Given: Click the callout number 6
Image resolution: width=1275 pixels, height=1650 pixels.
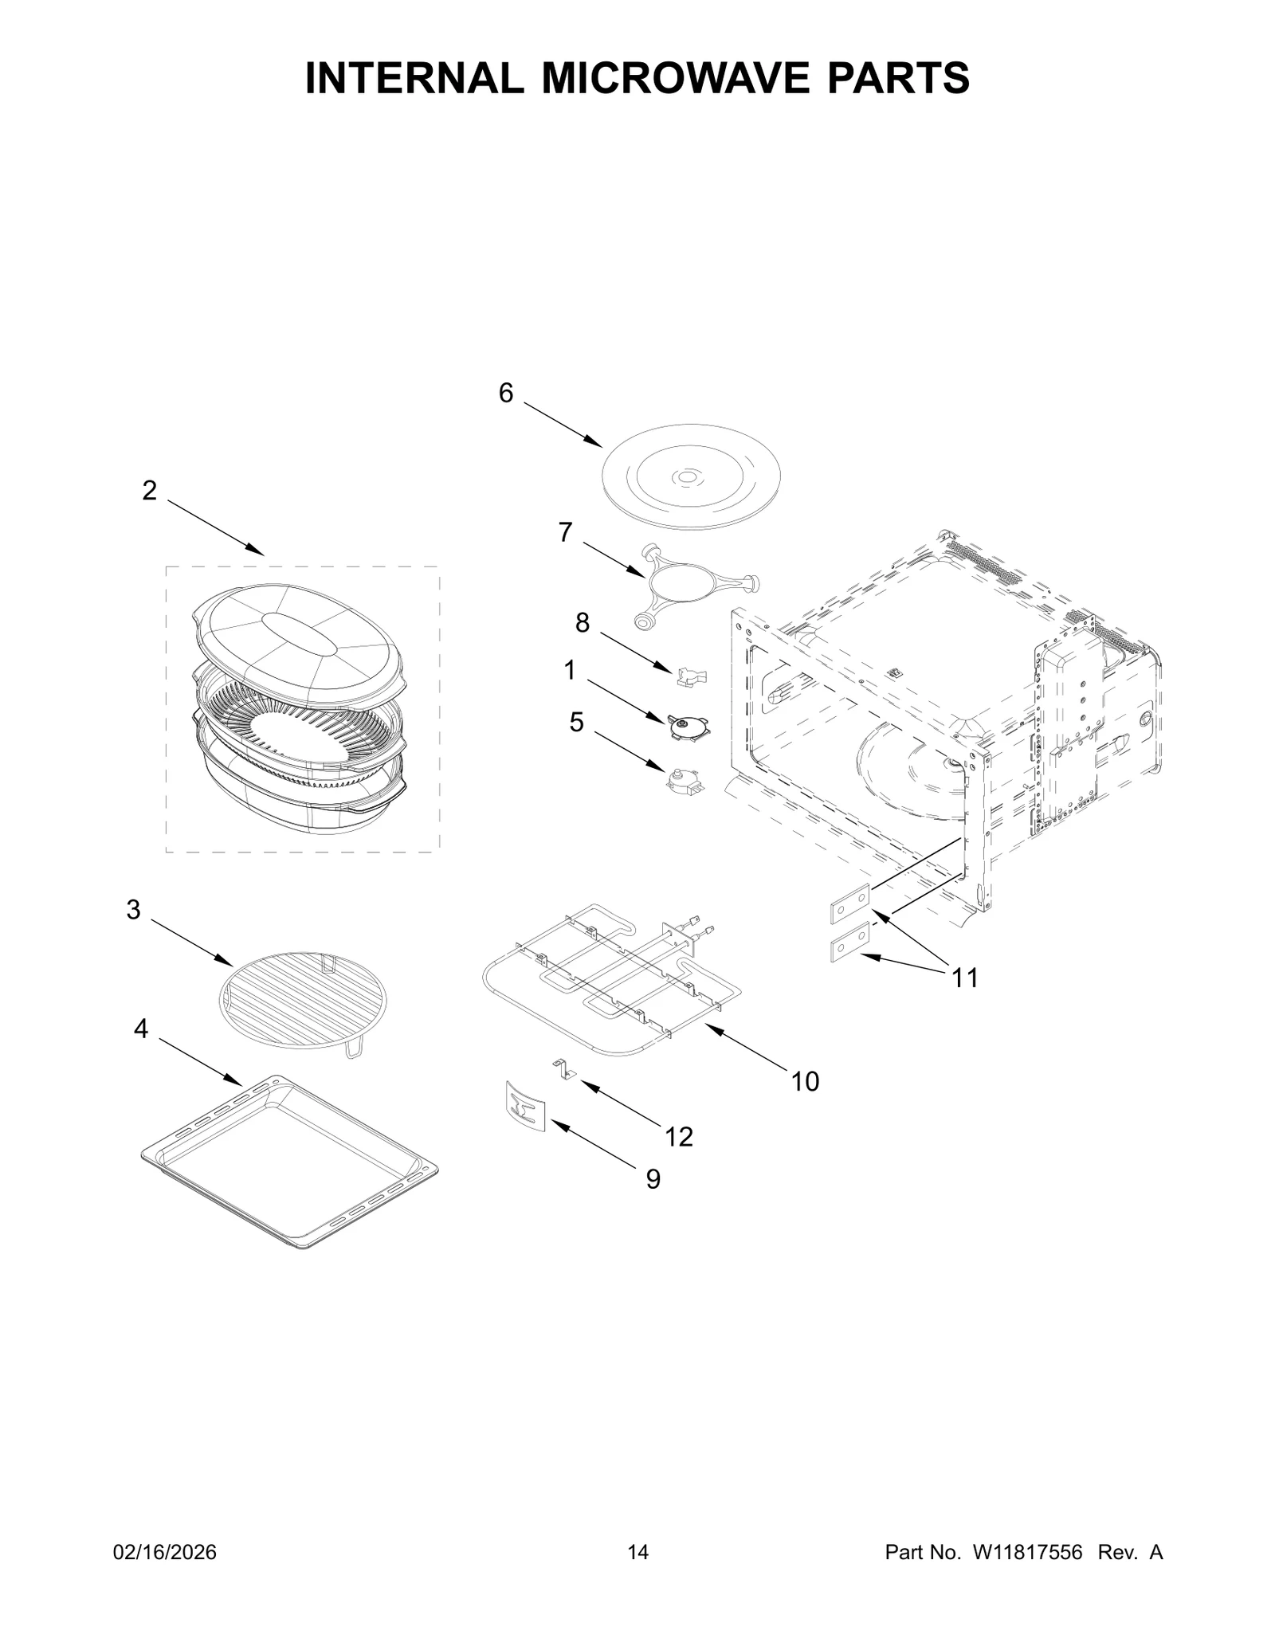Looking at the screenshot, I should click(x=506, y=393).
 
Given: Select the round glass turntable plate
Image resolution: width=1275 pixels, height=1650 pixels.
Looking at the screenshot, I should click(x=690, y=477).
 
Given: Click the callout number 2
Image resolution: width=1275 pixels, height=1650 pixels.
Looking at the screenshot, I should click(x=149, y=491).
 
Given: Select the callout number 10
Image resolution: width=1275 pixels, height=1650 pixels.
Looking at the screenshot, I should click(x=805, y=1081).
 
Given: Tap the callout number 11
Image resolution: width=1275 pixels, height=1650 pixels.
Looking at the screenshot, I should click(x=965, y=978).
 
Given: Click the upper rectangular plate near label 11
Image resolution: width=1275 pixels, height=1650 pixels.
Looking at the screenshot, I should click(x=850, y=904).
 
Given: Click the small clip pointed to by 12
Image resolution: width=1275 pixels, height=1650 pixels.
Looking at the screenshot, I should click(x=563, y=1069).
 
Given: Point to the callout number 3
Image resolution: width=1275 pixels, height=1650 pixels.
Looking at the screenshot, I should click(x=133, y=909).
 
